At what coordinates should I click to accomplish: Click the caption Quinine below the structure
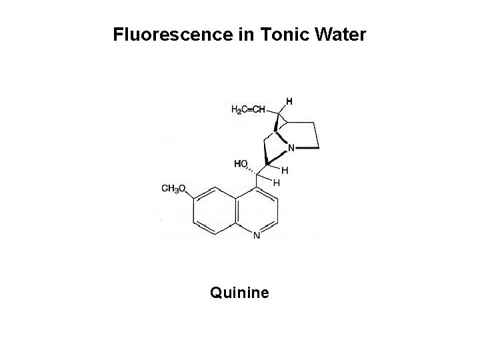coord(239,292)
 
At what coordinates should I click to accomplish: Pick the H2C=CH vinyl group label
coord(247,109)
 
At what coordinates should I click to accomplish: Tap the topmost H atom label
coord(289,101)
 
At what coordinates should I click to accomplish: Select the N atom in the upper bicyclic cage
coord(291,147)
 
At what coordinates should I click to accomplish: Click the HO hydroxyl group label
coord(241,163)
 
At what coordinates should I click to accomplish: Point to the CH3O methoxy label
coord(173,189)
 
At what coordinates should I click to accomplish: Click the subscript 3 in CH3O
coord(176,190)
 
